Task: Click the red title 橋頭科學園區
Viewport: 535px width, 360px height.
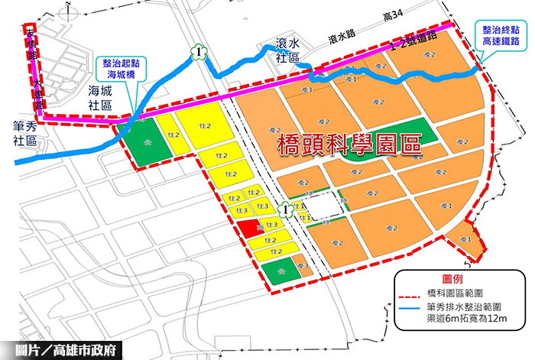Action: (x=349, y=145)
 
